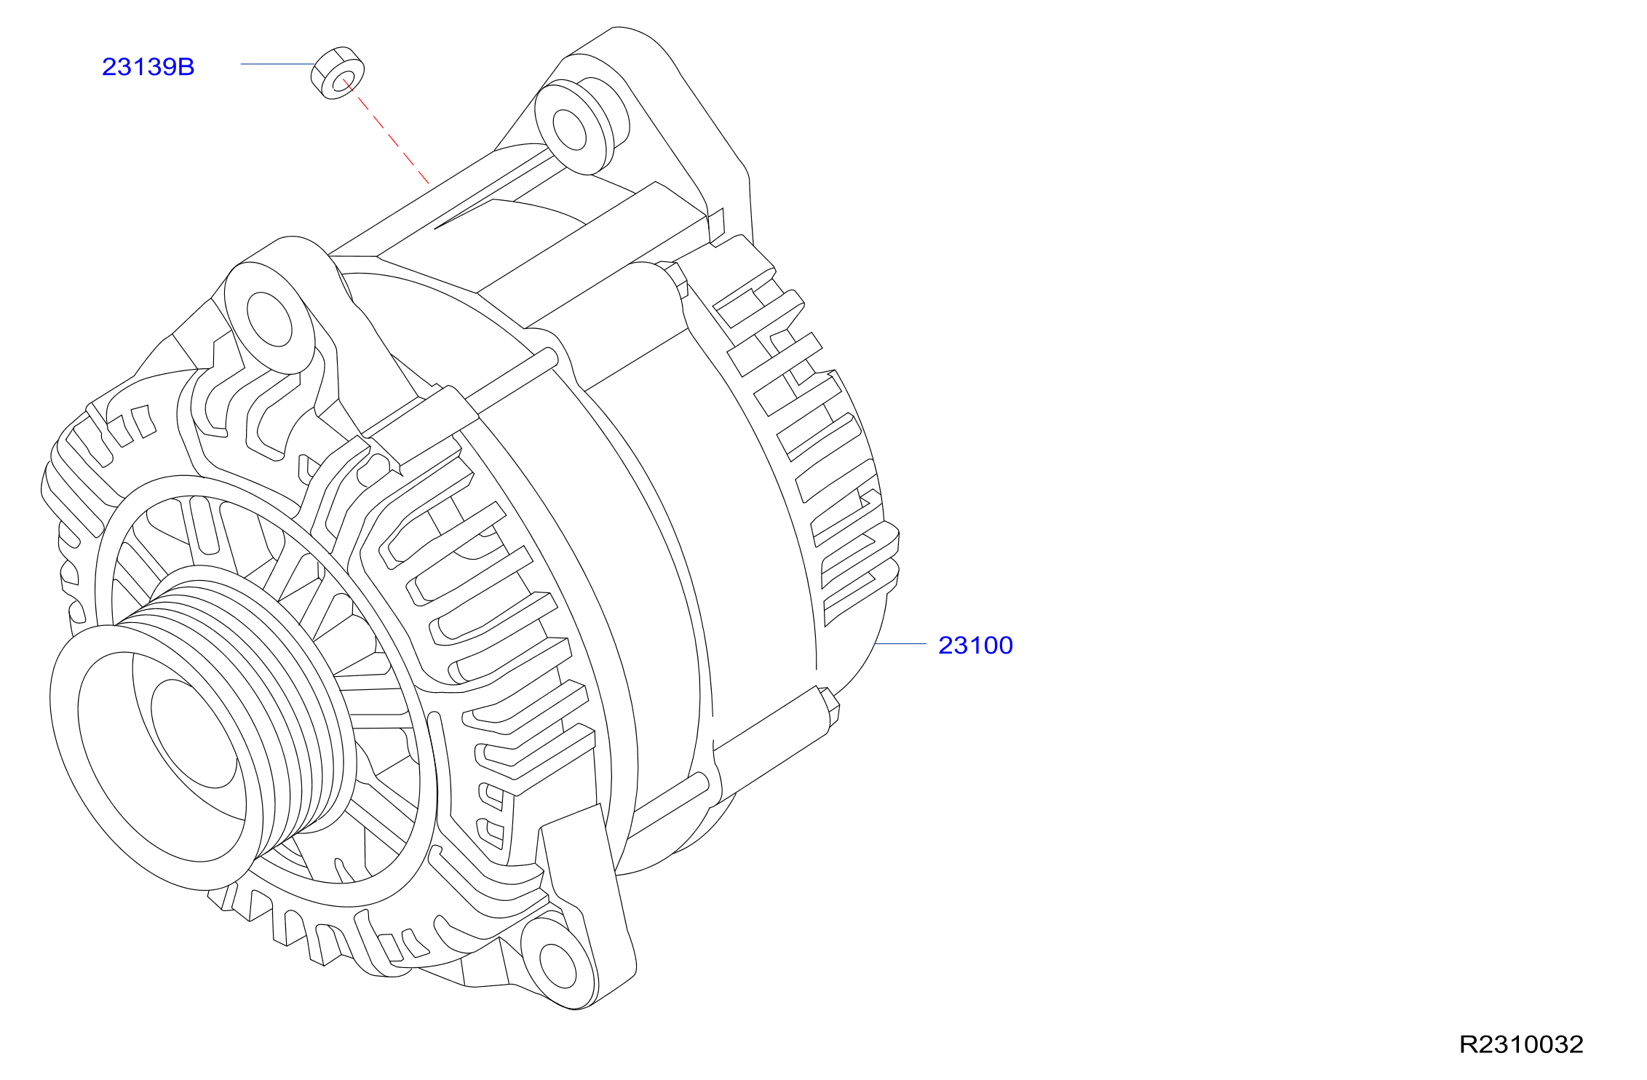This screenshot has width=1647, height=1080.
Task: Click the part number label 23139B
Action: [148, 67]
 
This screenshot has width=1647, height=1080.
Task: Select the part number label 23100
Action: [975, 646]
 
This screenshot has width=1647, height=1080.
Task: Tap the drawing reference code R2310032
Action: [1521, 1044]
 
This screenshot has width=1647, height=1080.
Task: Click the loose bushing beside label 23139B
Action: [338, 73]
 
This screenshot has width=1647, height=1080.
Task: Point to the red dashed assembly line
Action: [386, 131]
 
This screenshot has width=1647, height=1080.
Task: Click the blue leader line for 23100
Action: [900, 643]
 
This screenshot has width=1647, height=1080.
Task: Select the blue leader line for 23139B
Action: [277, 64]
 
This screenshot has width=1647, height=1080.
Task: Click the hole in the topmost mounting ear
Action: [569, 130]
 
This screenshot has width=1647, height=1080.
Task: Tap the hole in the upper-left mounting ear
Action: [269, 319]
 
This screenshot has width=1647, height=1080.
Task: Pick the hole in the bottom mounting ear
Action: [558, 966]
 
